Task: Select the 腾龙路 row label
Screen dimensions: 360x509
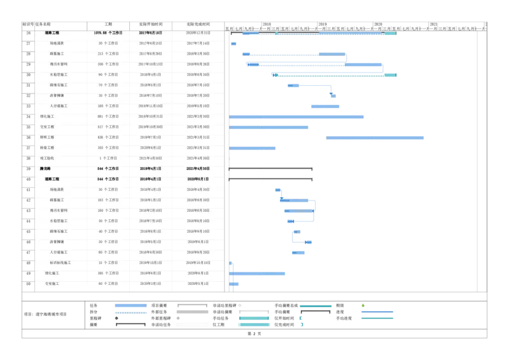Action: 46,169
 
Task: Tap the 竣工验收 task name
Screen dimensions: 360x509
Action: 48,158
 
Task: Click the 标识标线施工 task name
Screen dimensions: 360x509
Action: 60,262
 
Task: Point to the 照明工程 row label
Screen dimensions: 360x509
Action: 48,137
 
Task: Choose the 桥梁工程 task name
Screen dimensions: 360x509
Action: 48,148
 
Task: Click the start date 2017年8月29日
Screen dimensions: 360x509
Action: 150,53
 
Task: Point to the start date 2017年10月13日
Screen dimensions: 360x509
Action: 150,64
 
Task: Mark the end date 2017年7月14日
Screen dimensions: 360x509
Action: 198,43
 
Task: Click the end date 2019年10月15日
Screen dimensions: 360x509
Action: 198,262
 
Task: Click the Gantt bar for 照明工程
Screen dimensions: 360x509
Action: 375,137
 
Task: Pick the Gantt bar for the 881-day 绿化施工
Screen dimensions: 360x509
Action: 297,117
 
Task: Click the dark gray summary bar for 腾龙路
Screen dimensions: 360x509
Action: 272,172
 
